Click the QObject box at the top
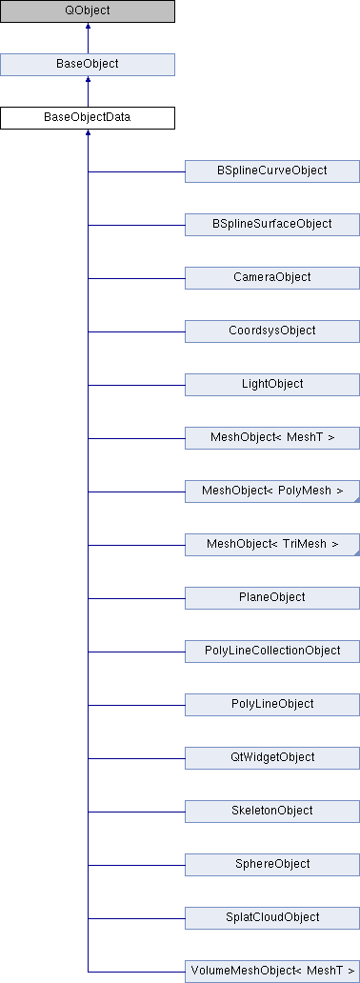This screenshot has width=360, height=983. (x=88, y=11)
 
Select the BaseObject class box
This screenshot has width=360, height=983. (x=88, y=65)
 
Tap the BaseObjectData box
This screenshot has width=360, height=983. (x=88, y=118)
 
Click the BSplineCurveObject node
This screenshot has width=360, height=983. (x=271, y=171)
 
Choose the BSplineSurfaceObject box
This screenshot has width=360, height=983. (x=271, y=225)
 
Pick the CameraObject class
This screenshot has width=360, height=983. (x=271, y=278)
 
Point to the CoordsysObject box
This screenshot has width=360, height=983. (x=271, y=331)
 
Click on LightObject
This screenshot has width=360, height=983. (x=271, y=385)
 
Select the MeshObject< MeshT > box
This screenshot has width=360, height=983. (x=271, y=438)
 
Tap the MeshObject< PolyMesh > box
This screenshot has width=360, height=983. (x=271, y=491)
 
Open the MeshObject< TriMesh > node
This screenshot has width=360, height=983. (x=271, y=545)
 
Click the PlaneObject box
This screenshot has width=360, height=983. (x=271, y=598)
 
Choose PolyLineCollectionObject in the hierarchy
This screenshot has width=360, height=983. (x=271, y=652)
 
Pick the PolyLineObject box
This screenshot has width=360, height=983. (x=271, y=705)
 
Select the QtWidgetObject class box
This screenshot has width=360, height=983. (x=271, y=758)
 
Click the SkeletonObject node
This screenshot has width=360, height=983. (x=271, y=812)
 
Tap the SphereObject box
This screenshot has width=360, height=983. (x=271, y=865)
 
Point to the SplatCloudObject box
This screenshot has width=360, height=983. (x=271, y=918)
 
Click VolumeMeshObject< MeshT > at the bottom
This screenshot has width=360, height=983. (x=271, y=971)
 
